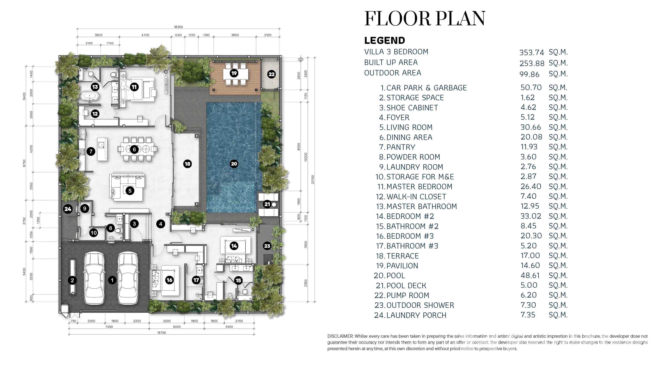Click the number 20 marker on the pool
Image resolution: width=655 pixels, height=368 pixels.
click(x=234, y=164)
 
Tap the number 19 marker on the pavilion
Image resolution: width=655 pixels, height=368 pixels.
click(x=234, y=73)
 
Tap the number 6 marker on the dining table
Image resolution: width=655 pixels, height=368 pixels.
click(x=134, y=150)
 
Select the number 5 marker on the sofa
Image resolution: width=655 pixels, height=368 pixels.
click(x=130, y=191)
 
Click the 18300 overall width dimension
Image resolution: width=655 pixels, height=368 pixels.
click(x=178, y=27)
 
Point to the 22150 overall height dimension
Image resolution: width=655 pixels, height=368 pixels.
click(x=313, y=180)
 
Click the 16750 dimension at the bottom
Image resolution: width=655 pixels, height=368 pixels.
click(x=162, y=332)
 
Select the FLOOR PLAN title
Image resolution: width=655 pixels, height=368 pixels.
click(x=425, y=18)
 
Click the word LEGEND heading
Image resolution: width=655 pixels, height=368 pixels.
click(x=384, y=40)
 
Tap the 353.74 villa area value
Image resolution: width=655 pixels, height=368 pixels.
click(x=532, y=52)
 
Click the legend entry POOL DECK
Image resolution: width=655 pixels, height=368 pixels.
click(x=406, y=285)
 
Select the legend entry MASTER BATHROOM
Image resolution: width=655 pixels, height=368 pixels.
click(x=422, y=206)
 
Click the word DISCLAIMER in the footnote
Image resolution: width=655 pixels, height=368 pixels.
click(x=340, y=336)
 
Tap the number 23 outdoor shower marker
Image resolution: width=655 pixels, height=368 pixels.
click(x=267, y=246)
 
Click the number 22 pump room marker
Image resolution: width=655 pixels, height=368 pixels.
click(x=272, y=74)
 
